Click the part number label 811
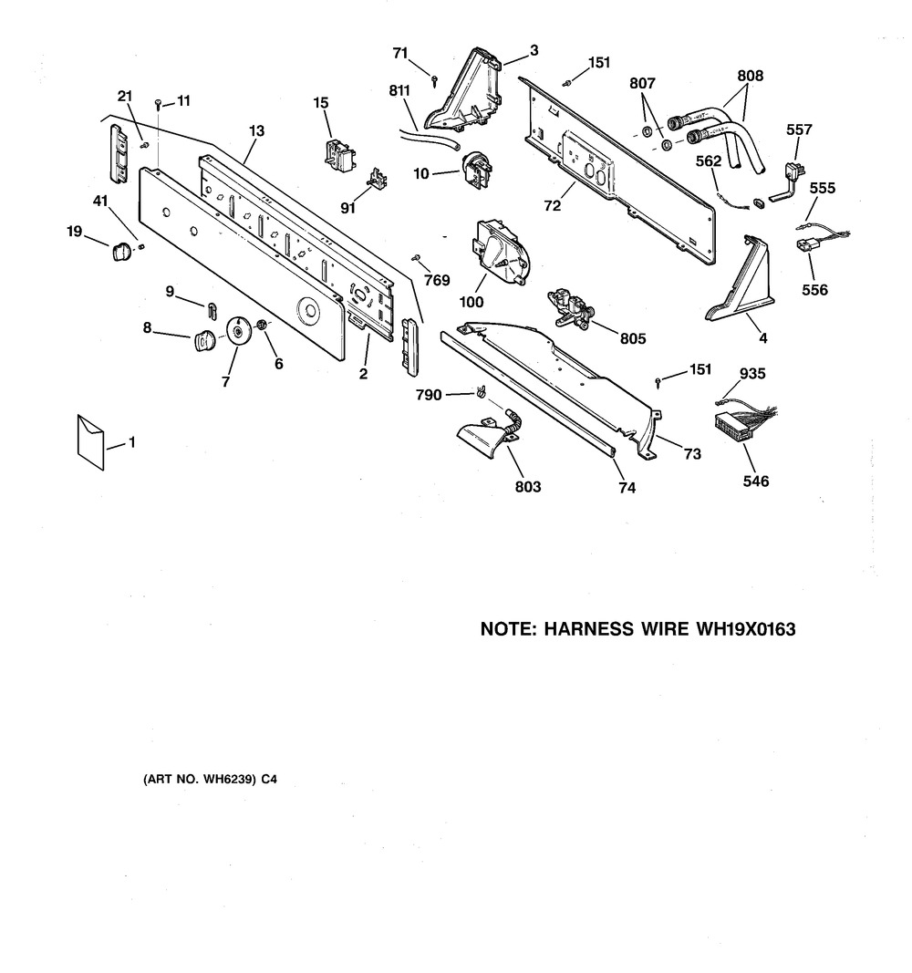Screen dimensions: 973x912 399,90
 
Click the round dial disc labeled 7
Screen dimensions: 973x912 237,332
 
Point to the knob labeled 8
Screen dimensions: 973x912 202,341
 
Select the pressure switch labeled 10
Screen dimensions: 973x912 475,170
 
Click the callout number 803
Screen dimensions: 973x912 527,487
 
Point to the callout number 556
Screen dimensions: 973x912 814,291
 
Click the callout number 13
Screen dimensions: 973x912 256,131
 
